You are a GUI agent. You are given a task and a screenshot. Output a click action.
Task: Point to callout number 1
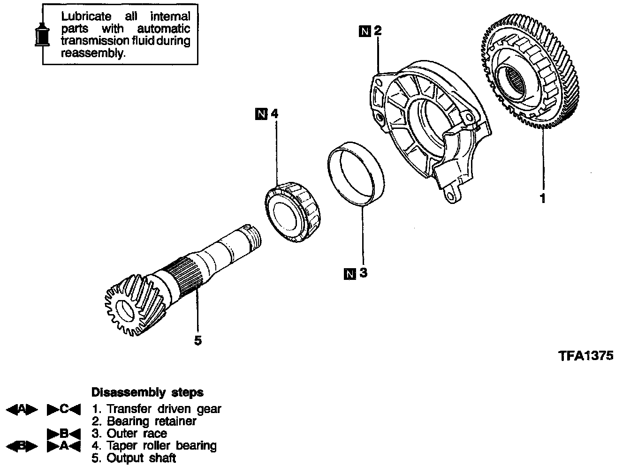point(543,199)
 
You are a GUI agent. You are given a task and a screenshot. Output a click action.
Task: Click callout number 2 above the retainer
point(378,31)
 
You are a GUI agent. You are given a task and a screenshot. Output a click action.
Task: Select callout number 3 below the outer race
point(363,273)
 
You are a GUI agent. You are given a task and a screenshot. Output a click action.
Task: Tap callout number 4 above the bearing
point(274,113)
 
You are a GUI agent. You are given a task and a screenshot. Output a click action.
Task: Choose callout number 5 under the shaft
point(198,340)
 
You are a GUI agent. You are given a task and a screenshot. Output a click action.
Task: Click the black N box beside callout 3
point(349,273)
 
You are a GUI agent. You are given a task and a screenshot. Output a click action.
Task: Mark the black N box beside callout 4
point(261,113)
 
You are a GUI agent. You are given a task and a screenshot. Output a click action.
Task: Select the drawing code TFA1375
point(586,356)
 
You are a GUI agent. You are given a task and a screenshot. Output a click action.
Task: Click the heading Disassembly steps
point(147,392)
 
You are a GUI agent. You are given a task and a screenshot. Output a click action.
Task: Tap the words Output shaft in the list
point(141,458)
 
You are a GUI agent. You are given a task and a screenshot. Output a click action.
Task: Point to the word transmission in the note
point(93,41)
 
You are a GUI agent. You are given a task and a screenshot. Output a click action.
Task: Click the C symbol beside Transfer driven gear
point(64,409)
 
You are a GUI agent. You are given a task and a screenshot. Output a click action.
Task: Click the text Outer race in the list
point(137,433)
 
